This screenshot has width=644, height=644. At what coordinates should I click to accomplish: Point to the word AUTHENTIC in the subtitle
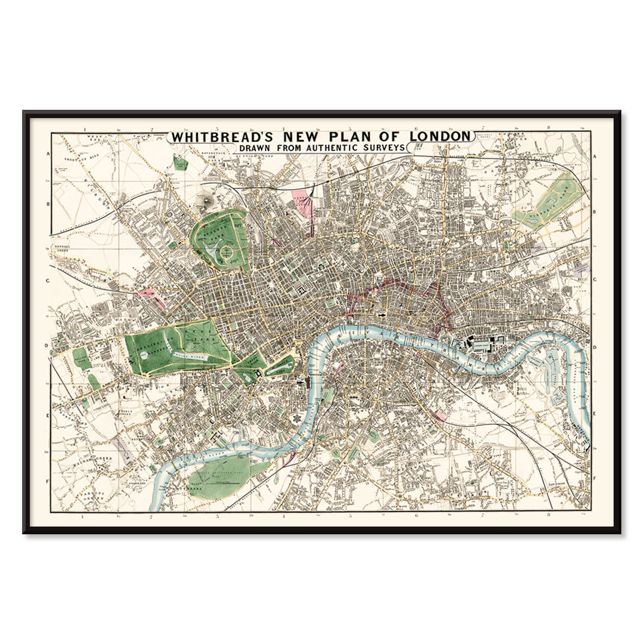click(327, 147)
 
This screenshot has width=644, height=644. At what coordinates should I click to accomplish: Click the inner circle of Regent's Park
click(227, 255)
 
